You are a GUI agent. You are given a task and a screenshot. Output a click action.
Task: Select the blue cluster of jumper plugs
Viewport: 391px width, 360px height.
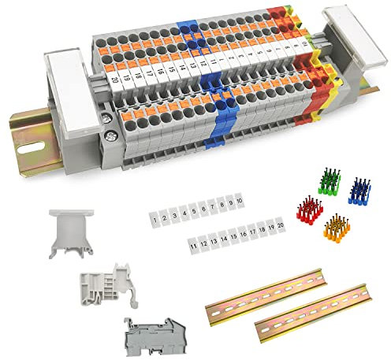coord(359,190)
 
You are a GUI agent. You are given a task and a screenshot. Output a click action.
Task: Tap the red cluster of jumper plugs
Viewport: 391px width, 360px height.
coord(310,210)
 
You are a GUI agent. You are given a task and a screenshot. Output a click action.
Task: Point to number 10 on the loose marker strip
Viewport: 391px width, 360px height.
coord(238,201)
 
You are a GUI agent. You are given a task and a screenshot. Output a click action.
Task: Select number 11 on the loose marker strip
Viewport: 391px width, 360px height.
coord(194,246)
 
